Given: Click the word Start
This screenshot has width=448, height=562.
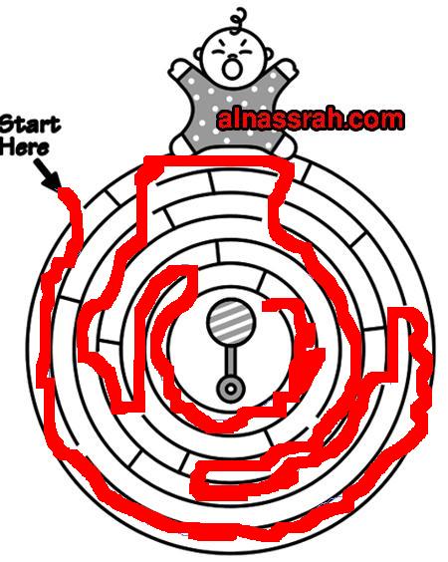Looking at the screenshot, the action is point(30,126).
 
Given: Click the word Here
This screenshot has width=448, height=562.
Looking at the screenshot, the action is point(24,146).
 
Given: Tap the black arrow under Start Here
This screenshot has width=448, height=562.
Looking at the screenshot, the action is point(48,174).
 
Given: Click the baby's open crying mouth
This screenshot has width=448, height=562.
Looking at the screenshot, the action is point(231,68).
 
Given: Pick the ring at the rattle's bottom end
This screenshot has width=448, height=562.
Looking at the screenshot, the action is point(231,389).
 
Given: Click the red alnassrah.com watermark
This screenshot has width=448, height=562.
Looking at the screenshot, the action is point(311,120).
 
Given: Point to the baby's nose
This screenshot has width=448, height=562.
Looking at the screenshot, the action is point(233,58).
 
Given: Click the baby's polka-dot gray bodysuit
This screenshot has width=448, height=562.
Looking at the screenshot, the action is point(232,111).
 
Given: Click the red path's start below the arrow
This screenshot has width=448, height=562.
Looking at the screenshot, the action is point(65,192).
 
